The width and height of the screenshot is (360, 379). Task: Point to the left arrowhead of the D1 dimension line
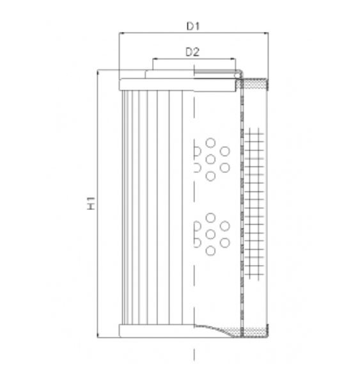121,34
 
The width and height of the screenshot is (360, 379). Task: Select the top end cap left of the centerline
156,83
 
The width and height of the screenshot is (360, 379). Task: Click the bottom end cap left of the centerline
156,331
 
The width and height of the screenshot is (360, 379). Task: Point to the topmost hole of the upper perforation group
210,141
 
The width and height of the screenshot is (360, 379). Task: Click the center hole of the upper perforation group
210,159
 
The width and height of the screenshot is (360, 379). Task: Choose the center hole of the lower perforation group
210,234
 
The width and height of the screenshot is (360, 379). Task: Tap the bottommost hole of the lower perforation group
210,252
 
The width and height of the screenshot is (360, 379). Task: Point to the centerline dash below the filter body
194,353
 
